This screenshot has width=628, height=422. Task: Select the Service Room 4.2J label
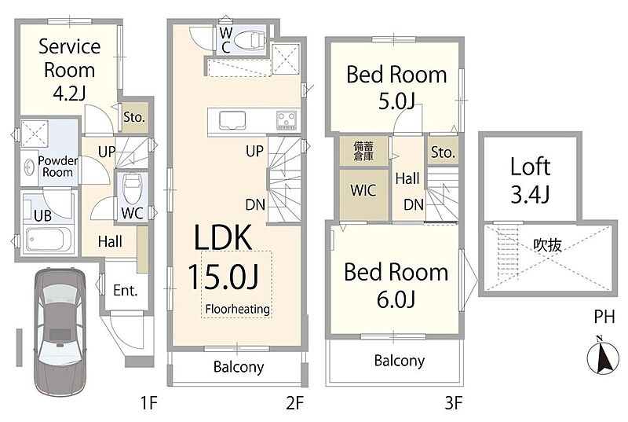(69, 70)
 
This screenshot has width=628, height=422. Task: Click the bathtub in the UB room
(48, 239)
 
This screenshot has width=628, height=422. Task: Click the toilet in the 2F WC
(249, 40)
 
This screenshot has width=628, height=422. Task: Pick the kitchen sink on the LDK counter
(232, 120)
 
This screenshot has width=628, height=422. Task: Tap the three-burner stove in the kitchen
(287, 120)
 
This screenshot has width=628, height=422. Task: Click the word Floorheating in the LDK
(238, 309)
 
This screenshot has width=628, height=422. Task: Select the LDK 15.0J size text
(223, 277)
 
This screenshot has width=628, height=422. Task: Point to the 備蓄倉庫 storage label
(363, 151)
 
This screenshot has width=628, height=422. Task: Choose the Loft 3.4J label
(531, 180)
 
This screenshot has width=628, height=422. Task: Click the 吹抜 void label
(547, 245)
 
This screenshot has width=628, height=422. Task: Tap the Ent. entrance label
(126, 290)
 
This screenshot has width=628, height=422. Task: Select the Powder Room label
(57, 167)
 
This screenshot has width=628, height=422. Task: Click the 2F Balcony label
(239, 367)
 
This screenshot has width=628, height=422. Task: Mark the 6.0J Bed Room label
(396, 285)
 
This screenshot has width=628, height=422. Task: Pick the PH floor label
(604, 317)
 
